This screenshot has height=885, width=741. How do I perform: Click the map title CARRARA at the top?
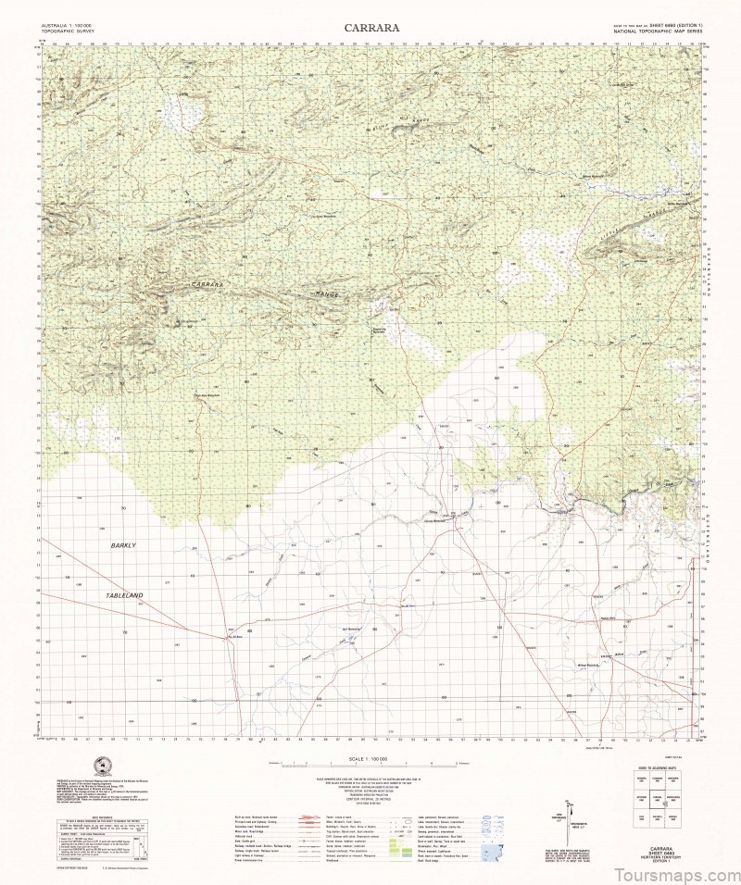click(x=372, y=28)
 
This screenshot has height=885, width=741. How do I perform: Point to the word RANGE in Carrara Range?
click(x=329, y=293)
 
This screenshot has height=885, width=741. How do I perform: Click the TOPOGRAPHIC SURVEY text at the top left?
click(x=57, y=31)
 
